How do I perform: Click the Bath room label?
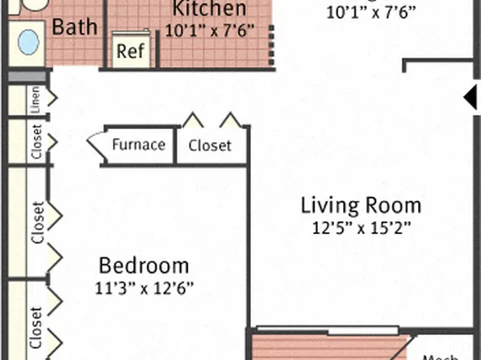click(74, 26)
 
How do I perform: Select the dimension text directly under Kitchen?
click(209, 31)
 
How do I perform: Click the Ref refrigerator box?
click(130, 51)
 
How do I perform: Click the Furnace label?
click(139, 145)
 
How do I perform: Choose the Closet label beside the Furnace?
click(210, 146)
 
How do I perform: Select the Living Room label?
click(362, 204)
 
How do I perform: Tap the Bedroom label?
click(144, 265)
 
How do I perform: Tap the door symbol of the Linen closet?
click(53, 99)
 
